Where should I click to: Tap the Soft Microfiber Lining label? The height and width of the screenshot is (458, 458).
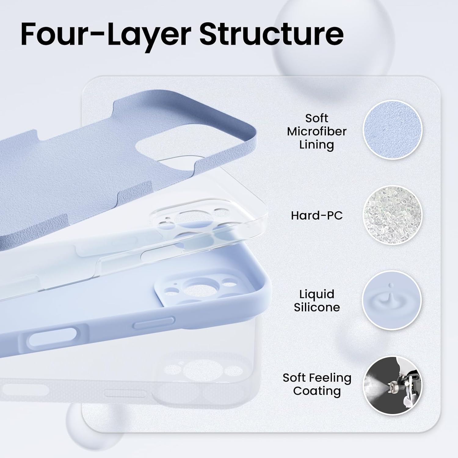(317, 131)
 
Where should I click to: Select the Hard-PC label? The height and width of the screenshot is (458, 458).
(317, 216)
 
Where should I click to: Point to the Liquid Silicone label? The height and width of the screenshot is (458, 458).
(317, 300)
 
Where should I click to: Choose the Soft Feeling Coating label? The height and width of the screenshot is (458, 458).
(317, 384)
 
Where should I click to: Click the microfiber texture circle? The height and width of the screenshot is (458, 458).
(392, 129)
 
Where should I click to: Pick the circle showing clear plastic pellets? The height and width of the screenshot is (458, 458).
(392, 215)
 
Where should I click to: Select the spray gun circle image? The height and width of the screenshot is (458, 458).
(392, 385)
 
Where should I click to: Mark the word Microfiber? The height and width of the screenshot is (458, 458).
(317, 131)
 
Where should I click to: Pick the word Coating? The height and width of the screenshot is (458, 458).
(317, 391)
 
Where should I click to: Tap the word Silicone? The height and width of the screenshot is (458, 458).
(317, 307)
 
